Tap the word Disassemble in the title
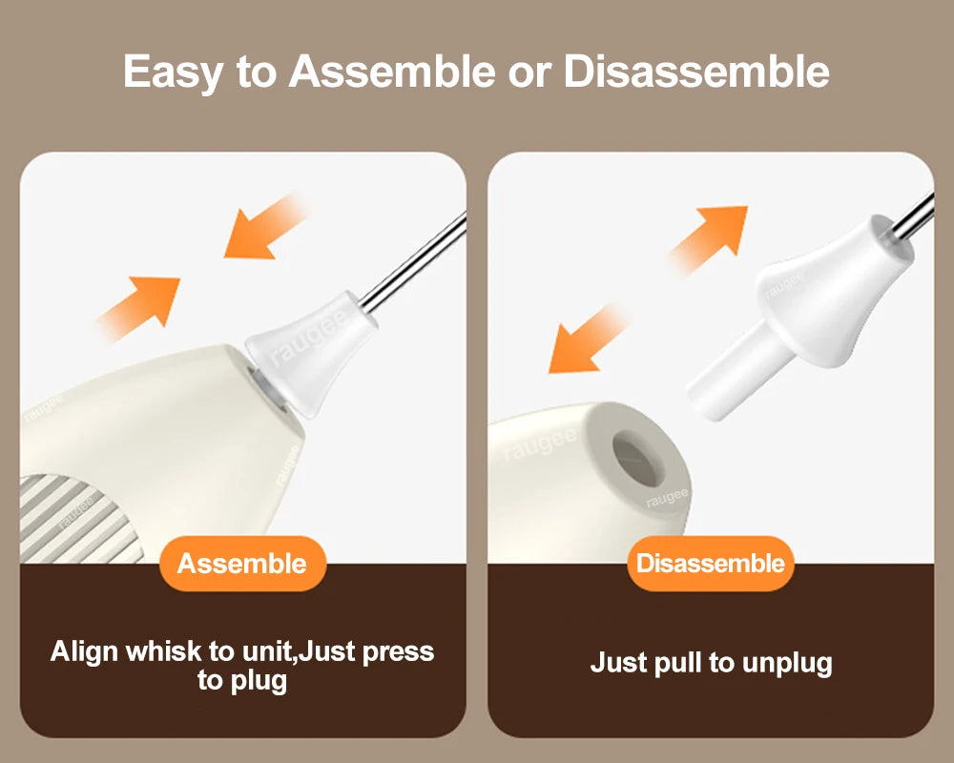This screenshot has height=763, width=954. tap(696, 72)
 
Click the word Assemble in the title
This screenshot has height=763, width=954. tap(392, 72)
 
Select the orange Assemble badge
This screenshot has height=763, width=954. tap(242, 564)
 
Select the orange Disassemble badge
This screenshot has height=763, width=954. tap(711, 564)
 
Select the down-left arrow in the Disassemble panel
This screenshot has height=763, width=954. tap(587, 340)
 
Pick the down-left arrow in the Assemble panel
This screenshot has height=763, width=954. tap(264, 227)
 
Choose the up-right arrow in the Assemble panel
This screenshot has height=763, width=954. tap(138, 308)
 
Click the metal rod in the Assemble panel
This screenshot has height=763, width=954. tap(413, 262)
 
